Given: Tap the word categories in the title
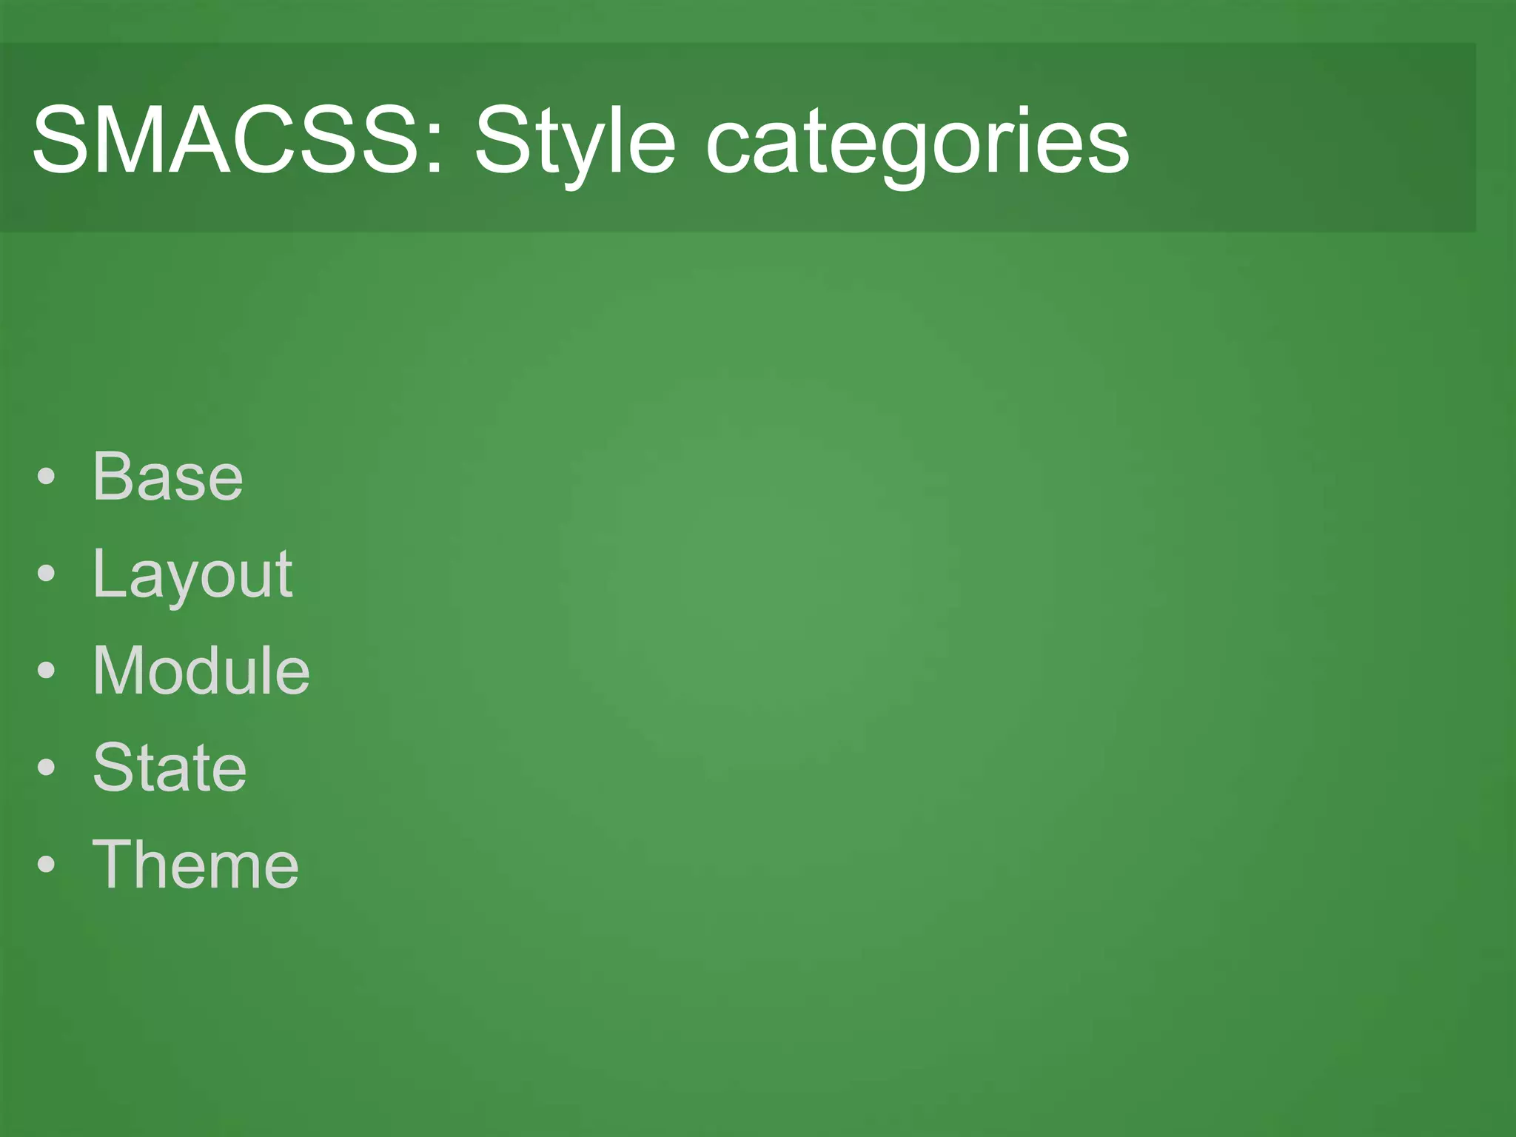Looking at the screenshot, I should click(x=917, y=144).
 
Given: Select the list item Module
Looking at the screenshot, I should click(x=201, y=670).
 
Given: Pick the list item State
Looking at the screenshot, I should click(x=170, y=767).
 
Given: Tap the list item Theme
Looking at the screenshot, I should click(x=195, y=864).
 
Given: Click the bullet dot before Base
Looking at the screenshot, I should click(x=46, y=477).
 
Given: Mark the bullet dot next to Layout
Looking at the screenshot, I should click(x=46, y=574).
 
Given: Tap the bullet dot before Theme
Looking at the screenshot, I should click(x=46, y=865).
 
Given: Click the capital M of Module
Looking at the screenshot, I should click(x=120, y=670).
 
